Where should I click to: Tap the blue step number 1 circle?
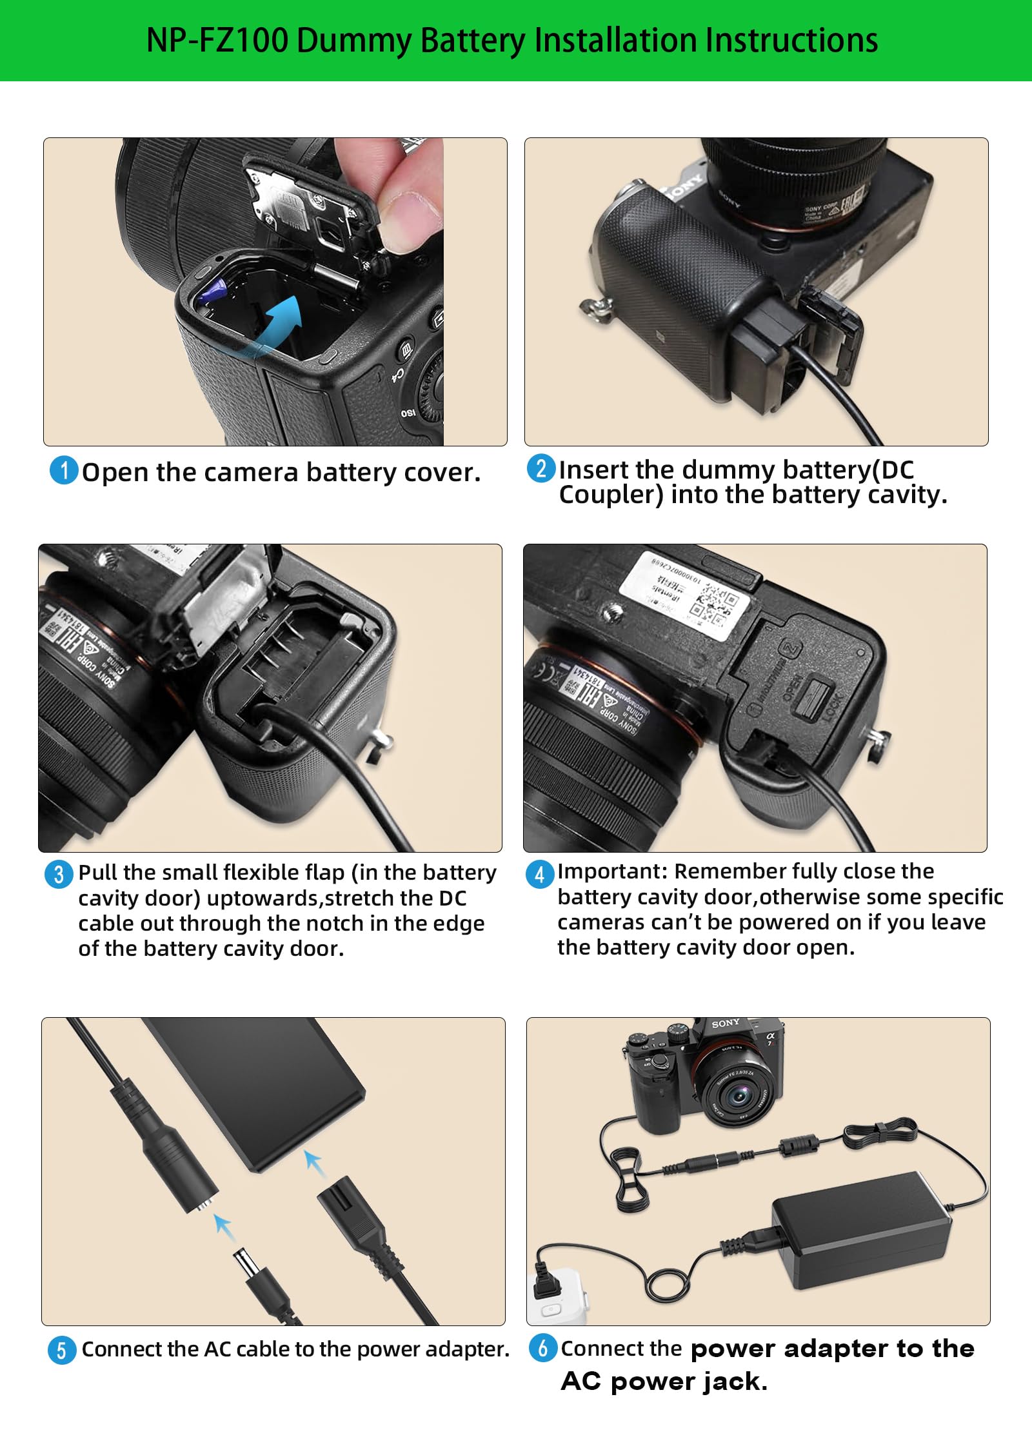(x=64, y=470)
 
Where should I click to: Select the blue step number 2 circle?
(x=541, y=468)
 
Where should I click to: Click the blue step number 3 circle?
(x=59, y=874)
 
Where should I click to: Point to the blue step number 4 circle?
(x=540, y=874)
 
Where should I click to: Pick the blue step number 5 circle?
(x=62, y=1350)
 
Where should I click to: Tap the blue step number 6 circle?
(x=542, y=1348)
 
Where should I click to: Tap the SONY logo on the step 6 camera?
(x=726, y=1024)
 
